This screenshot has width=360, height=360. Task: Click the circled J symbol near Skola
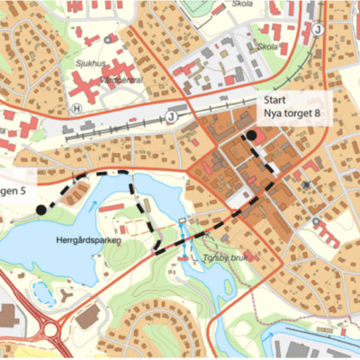tap(317, 29)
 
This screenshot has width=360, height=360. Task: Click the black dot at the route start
tap(253, 136)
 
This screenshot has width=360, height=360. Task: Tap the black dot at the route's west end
tap(40, 210)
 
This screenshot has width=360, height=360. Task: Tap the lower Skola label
tap(267, 46)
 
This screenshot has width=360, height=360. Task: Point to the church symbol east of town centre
tap(308, 185)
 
